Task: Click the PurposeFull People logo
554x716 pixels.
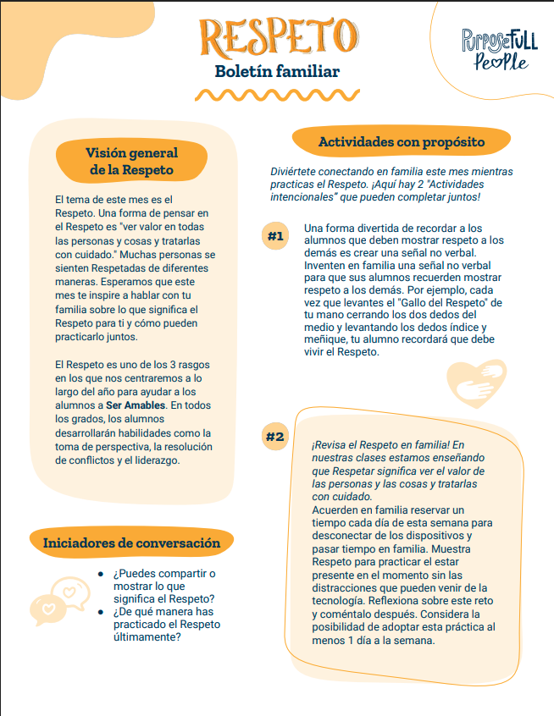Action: (x=499, y=49)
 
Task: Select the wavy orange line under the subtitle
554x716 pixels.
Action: (x=277, y=94)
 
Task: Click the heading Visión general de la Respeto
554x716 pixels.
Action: (x=131, y=161)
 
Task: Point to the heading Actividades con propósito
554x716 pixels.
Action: (x=402, y=142)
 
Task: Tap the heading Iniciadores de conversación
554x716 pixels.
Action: (x=131, y=543)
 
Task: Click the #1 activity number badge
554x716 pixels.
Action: (x=275, y=236)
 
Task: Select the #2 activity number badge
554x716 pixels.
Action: (x=275, y=437)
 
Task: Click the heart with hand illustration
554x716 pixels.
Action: (x=475, y=384)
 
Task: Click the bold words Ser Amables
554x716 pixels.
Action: (x=139, y=406)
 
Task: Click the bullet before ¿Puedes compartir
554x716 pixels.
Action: (x=100, y=574)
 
